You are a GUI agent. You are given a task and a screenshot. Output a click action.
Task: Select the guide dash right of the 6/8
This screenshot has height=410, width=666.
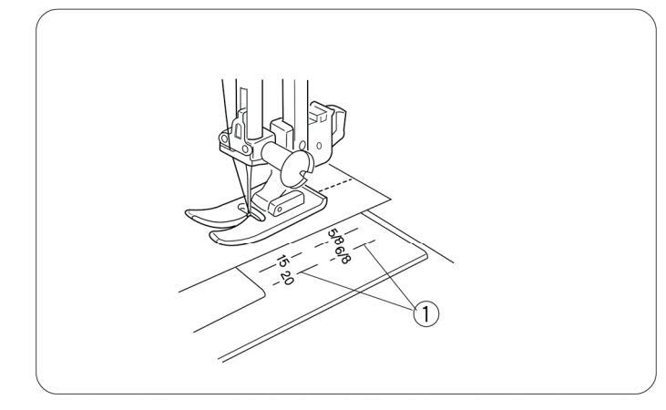[x=371, y=245]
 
